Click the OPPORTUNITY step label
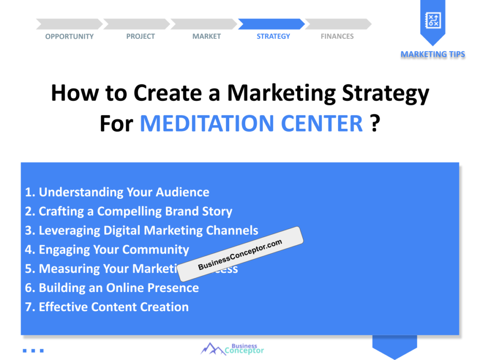(x=69, y=37)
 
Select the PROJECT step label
(x=140, y=37)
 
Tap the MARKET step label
(x=206, y=37)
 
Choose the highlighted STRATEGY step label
(x=273, y=37)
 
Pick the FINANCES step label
(x=337, y=37)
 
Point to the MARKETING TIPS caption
(x=433, y=54)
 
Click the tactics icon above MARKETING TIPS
(x=432, y=20)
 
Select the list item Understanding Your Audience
(x=117, y=192)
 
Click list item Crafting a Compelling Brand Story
(x=128, y=211)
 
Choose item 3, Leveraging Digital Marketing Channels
(x=142, y=231)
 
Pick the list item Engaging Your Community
(x=107, y=250)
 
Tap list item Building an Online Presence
(x=112, y=288)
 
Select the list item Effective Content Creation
(x=107, y=307)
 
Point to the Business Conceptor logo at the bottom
(x=232, y=349)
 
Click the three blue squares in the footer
(x=33, y=350)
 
